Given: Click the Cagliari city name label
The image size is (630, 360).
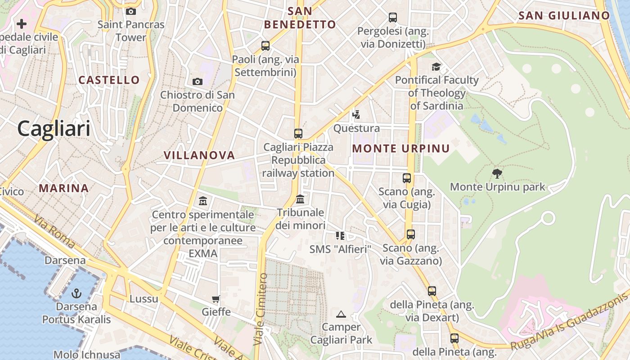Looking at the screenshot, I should pyautogui.click(x=54, y=129).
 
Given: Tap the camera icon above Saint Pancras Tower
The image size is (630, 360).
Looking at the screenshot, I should pyautogui.click(x=131, y=11).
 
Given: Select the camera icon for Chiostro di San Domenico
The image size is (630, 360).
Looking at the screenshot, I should pyautogui.click(x=197, y=81).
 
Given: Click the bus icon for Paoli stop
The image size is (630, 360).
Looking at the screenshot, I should pyautogui.click(x=265, y=45).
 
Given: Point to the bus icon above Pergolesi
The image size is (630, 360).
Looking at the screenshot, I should pyautogui.click(x=393, y=18).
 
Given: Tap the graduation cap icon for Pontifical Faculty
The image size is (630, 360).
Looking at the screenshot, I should pyautogui.click(x=436, y=67).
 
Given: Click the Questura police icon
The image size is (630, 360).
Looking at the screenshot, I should pyautogui.click(x=356, y=114).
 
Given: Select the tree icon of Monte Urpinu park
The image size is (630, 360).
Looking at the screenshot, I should pyautogui.click(x=497, y=173).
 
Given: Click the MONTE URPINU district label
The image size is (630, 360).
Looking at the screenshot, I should pyautogui.click(x=401, y=148).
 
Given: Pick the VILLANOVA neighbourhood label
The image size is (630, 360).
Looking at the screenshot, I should pyautogui.click(x=199, y=156).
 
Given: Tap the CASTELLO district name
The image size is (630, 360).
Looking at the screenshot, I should pyautogui.click(x=109, y=80).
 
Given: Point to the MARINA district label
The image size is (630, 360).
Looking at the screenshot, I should pyautogui.click(x=63, y=188).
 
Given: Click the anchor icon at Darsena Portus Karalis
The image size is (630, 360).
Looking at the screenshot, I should pyautogui.click(x=76, y=293).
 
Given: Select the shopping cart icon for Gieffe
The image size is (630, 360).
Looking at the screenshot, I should pyautogui.click(x=216, y=299).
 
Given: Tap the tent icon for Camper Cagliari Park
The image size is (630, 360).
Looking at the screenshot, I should pyautogui.click(x=341, y=314).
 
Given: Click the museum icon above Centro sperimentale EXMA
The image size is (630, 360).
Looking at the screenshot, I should pyautogui.click(x=203, y=201).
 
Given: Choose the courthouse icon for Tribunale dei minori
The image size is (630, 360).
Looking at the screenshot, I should pyautogui.click(x=300, y=198).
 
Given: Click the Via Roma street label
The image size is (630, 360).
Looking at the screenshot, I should pyautogui.click(x=54, y=231).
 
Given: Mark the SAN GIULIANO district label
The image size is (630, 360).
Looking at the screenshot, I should pyautogui.click(x=564, y=16).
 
